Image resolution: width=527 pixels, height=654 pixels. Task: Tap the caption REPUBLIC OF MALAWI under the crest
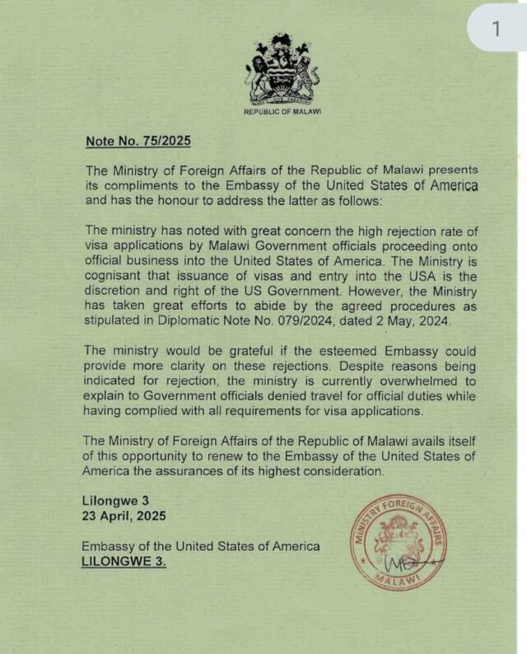click(282, 110)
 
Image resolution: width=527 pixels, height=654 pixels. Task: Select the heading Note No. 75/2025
click(138, 141)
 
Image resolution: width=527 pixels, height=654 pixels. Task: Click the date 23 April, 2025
click(124, 516)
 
